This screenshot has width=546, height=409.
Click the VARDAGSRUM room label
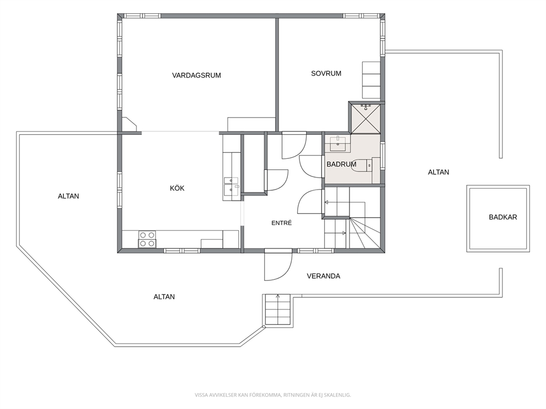196,75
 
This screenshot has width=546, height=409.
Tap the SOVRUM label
326,73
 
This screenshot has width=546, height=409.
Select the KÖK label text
177,188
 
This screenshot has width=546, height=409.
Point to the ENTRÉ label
281,223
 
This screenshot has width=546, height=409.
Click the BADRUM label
341,164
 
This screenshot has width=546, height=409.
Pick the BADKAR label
503,217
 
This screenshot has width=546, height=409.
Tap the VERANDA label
323,276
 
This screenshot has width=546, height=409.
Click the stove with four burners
148,239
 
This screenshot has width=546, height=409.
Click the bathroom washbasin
338,143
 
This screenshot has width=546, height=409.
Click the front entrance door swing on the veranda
277,266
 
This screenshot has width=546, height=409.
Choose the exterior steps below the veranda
277,309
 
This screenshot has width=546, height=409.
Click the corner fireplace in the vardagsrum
129,124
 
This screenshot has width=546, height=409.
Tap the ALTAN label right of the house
439,172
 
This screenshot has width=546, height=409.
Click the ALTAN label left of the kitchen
68,196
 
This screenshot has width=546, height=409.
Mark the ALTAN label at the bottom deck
164,297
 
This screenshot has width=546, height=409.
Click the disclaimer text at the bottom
272,395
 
